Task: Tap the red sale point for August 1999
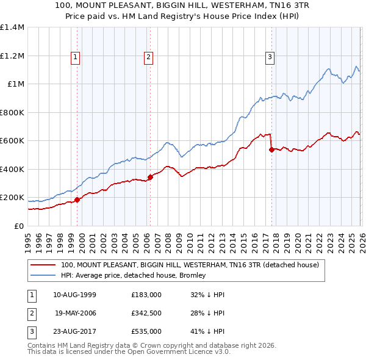[x=77, y=200]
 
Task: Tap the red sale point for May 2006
[x=150, y=177]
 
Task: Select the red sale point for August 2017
[x=271, y=149]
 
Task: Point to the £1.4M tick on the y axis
[x=12, y=27]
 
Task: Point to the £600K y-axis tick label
[x=12, y=141]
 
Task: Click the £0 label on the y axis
[x=18, y=226]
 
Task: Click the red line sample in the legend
[x=43, y=265]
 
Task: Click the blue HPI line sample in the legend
[x=43, y=275]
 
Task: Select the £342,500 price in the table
[x=146, y=313]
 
